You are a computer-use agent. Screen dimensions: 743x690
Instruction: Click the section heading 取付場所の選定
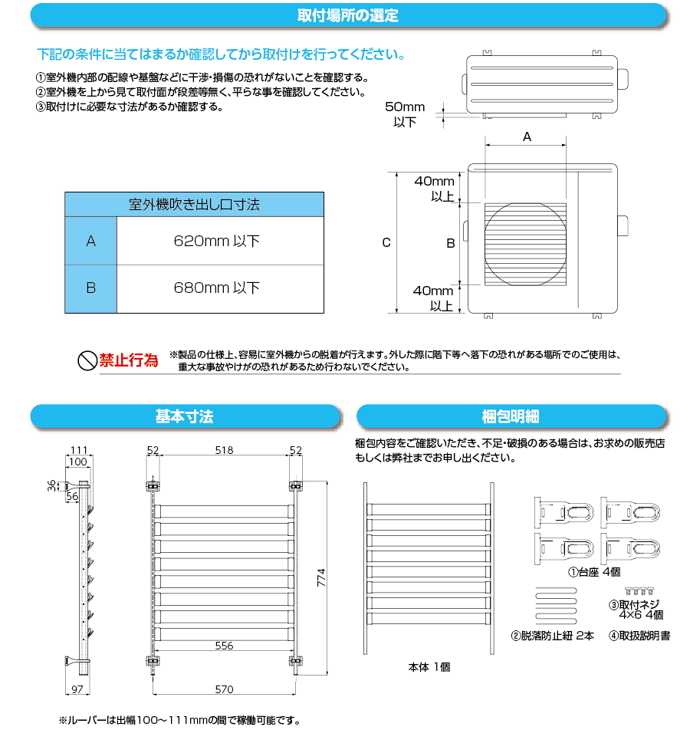coord(347,15)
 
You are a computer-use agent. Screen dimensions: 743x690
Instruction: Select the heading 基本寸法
coord(184,416)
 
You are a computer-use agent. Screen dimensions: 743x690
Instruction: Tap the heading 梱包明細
coord(511,416)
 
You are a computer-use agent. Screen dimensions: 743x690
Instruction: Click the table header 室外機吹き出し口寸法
coord(193,205)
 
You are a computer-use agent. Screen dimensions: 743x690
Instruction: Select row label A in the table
coord(90,242)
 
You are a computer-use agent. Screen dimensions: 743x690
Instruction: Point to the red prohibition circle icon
coord(87,360)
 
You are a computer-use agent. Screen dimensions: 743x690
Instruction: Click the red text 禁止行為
coord(129,360)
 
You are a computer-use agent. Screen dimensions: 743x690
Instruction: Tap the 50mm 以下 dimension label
coord(404,114)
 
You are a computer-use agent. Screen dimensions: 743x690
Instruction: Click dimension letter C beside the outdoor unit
coord(386,242)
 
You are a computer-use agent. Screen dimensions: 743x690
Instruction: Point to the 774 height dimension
coord(322,577)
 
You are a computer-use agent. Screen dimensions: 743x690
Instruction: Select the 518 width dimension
coord(223,450)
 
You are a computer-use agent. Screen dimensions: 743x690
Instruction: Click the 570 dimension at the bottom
coord(224,689)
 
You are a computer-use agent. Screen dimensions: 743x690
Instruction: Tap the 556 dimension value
coord(224,646)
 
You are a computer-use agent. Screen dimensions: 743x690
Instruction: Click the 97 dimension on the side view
coord(77,689)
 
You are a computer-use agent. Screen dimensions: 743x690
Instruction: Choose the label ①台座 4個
coord(593,572)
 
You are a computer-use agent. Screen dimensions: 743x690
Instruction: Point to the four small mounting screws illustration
coord(639,590)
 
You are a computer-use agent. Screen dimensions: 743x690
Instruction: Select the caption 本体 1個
coord(429,667)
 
